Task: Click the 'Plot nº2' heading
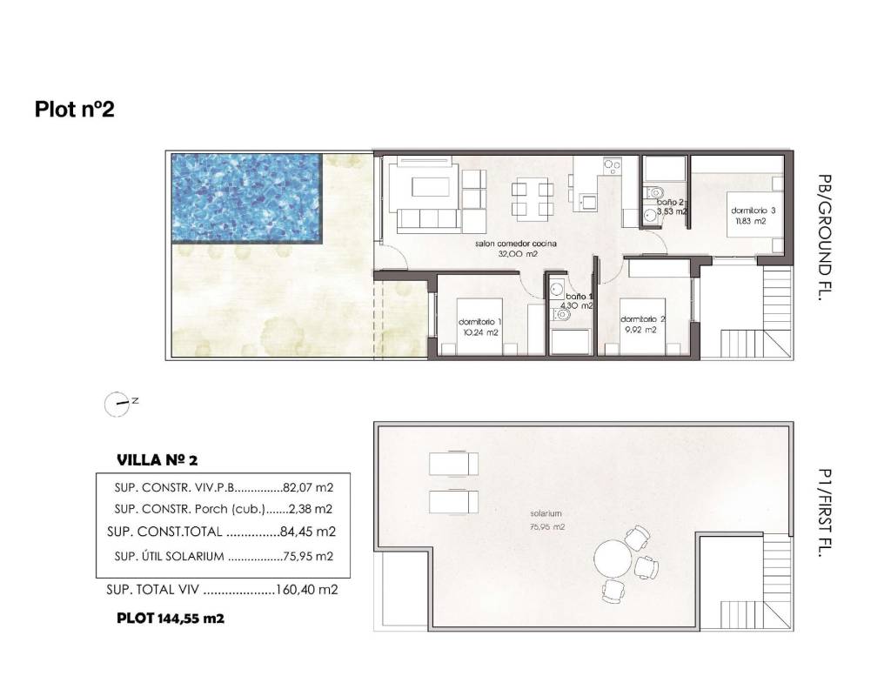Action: pyautogui.click(x=75, y=109)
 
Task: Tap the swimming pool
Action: pyautogui.click(x=247, y=197)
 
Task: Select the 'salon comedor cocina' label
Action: pyautogui.click(x=516, y=244)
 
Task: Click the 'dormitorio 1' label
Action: pyautogui.click(x=480, y=322)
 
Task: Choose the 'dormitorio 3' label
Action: pyautogui.click(x=753, y=211)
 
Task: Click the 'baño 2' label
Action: pyautogui.click(x=671, y=202)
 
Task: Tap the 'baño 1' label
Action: pyautogui.click(x=579, y=297)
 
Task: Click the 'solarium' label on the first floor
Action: pyautogui.click(x=546, y=513)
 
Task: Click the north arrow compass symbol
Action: pyautogui.click(x=117, y=404)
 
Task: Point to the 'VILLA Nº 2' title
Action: pyautogui.click(x=157, y=460)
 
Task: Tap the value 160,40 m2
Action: pyautogui.click(x=306, y=590)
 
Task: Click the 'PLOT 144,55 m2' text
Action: pyautogui.click(x=171, y=619)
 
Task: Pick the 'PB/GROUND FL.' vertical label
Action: pyautogui.click(x=825, y=238)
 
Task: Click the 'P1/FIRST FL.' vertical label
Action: pyautogui.click(x=825, y=512)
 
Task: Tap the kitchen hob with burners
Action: pyautogui.click(x=612, y=166)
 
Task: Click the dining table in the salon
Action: pyautogui.click(x=533, y=197)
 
